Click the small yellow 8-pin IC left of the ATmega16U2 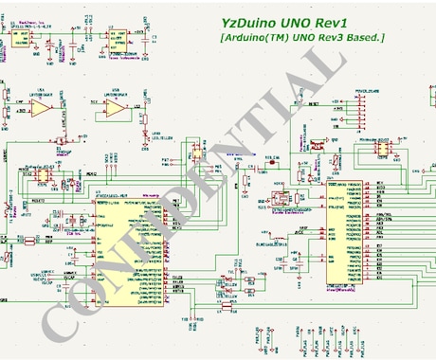pos(41,172)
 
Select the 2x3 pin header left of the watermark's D pos(197,150)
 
